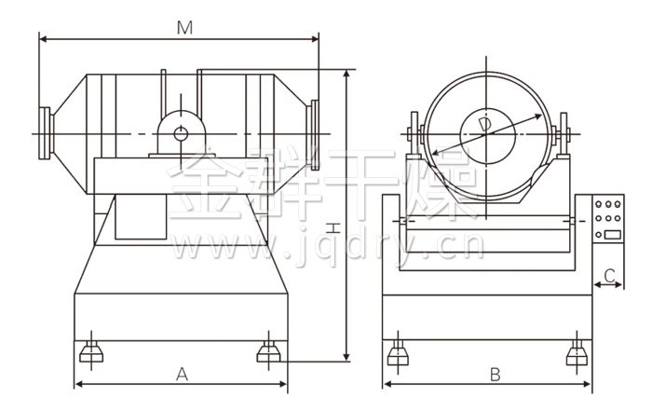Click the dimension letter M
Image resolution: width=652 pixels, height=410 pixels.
coord(184,28)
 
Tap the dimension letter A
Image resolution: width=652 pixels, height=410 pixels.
coord(182,375)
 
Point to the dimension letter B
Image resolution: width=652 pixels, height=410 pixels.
coord(495,375)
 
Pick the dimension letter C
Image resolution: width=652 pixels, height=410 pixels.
coord(609,275)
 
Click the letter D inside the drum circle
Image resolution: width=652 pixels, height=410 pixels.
coord(485,125)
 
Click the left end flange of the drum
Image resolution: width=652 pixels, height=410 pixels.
coord(45,133)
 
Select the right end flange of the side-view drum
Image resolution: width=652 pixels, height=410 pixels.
coord(315,135)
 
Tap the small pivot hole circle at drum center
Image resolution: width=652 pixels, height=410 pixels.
coord(181,134)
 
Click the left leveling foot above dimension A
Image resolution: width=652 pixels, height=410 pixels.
coord(91,351)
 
